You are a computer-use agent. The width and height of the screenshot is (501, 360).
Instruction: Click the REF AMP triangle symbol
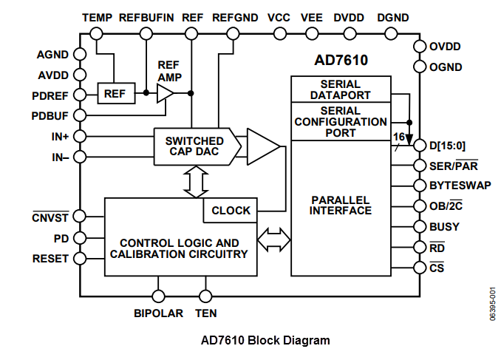164,93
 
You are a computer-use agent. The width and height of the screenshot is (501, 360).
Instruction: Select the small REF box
115,93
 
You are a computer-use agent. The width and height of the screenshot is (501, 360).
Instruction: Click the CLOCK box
231,210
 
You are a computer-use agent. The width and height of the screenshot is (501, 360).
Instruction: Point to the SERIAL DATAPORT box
341,89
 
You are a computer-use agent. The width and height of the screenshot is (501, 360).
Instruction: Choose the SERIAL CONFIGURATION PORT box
341,121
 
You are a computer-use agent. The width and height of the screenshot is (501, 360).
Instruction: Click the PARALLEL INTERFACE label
341,205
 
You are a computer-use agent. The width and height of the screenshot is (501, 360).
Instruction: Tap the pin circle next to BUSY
420,228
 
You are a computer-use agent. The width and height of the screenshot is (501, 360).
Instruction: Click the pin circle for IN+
80,137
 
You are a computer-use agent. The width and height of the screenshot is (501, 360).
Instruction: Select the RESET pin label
50,259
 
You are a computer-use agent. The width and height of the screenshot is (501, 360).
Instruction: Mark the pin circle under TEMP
97,33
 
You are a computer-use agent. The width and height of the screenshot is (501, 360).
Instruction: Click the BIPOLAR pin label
158,313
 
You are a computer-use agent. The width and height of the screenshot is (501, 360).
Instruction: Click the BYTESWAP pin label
460,186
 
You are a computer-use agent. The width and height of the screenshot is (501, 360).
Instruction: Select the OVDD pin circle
420,47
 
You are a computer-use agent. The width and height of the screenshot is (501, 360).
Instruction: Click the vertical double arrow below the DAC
196,181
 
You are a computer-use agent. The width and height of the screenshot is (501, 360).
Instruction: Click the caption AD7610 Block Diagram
265,341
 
